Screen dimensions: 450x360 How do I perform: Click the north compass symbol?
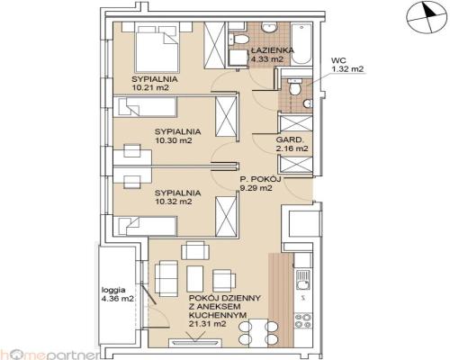pyautogui.click(x=426, y=17)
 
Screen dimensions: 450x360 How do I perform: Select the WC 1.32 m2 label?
pyautogui.click(x=347, y=65)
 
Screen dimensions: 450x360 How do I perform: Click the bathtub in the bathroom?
pyautogui.click(x=301, y=44)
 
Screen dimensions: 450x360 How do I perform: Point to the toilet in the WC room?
pyautogui.click(x=294, y=86)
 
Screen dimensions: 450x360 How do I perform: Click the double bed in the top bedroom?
pyautogui.click(x=157, y=49)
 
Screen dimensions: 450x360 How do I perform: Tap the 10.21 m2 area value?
pyautogui.click(x=149, y=88)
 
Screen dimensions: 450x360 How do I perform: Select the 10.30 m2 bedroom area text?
pyautogui.click(x=174, y=140)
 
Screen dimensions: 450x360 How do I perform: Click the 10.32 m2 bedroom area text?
pyautogui.click(x=174, y=202)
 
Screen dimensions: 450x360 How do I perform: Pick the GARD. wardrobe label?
pyautogui.click(x=289, y=139)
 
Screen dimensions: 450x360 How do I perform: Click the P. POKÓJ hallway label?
pyautogui.click(x=260, y=179)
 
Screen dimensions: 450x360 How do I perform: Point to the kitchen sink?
pyautogui.click(x=303, y=279)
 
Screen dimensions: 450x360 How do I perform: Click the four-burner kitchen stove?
pyautogui.click(x=303, y=320)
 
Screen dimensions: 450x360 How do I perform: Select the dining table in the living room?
pyautogui.click(x=257, y=333)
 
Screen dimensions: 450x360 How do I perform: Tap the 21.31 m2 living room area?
pyautogui.click(x=207, y=324)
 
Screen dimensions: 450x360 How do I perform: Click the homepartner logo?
pyautogui.click(x=49, y=355)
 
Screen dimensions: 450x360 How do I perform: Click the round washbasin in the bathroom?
pyautogui.click(x=269, y=28)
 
